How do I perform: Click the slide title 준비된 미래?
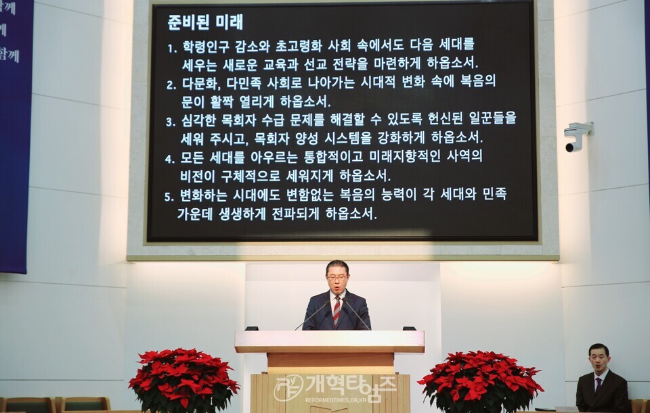(205, 22)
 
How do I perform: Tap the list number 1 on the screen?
(171, 48)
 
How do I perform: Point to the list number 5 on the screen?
(170, 197)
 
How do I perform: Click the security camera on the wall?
(578, 135)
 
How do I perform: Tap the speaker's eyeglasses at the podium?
(337, 277)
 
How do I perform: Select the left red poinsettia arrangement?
(183, 379)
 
